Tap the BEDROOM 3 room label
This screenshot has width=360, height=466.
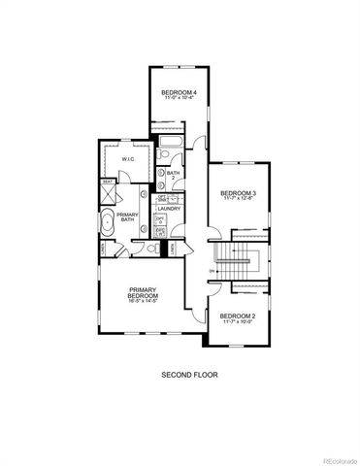point(238,193)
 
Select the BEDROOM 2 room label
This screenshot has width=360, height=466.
point(237,317)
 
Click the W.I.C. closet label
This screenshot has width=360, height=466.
point(127,158)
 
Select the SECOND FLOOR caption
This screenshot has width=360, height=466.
point(180,374)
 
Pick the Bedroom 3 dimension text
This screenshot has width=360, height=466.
point(238,200)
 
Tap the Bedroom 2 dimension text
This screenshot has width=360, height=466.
point(237,324)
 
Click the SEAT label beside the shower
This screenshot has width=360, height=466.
point(107,181)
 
